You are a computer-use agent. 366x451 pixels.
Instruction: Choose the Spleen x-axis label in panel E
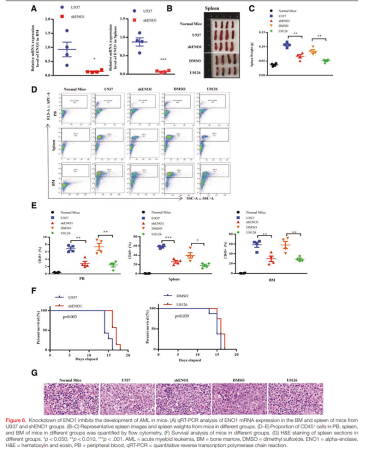(x=176, y=280)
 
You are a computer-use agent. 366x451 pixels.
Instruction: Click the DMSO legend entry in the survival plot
(x=185, y=296)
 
